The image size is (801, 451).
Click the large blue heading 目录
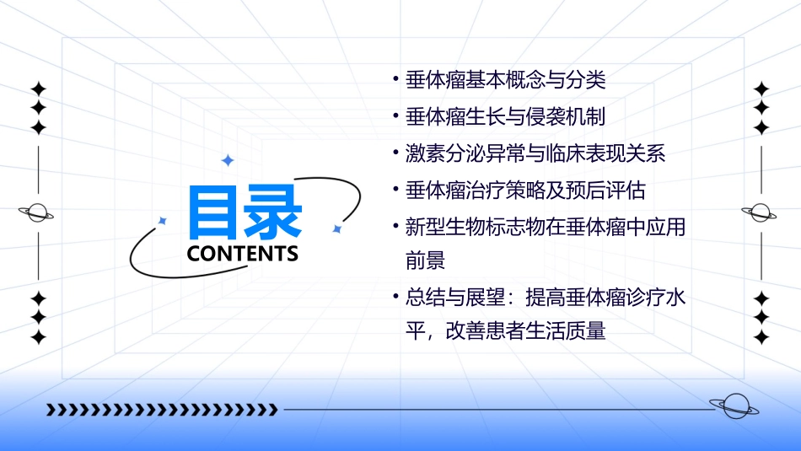click(x=245, y=212)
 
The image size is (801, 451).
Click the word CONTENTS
click(x=243, y=254)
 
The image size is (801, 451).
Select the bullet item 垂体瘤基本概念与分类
click(x=506, y=81)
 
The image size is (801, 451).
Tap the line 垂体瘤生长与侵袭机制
click(x=506, y=117)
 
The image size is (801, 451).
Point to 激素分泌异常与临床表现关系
click(x=535, y=153)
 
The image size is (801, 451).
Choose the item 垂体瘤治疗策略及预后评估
click(x=525, y=191)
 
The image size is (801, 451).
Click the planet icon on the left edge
click(x=37, y=212)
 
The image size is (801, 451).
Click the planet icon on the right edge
click(x=761, y=212)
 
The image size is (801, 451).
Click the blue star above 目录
click(x=227, y=160)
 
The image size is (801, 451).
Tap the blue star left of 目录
click(x=163, y=221)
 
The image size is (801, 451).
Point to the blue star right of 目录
click(x=336, y=228)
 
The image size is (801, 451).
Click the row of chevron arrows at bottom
click(x=161, y=410)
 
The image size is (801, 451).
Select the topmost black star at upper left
click(x=38, y=89)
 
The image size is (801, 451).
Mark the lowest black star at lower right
click(x=761, y=337)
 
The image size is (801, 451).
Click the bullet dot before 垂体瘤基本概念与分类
click(x=396, y=81)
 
